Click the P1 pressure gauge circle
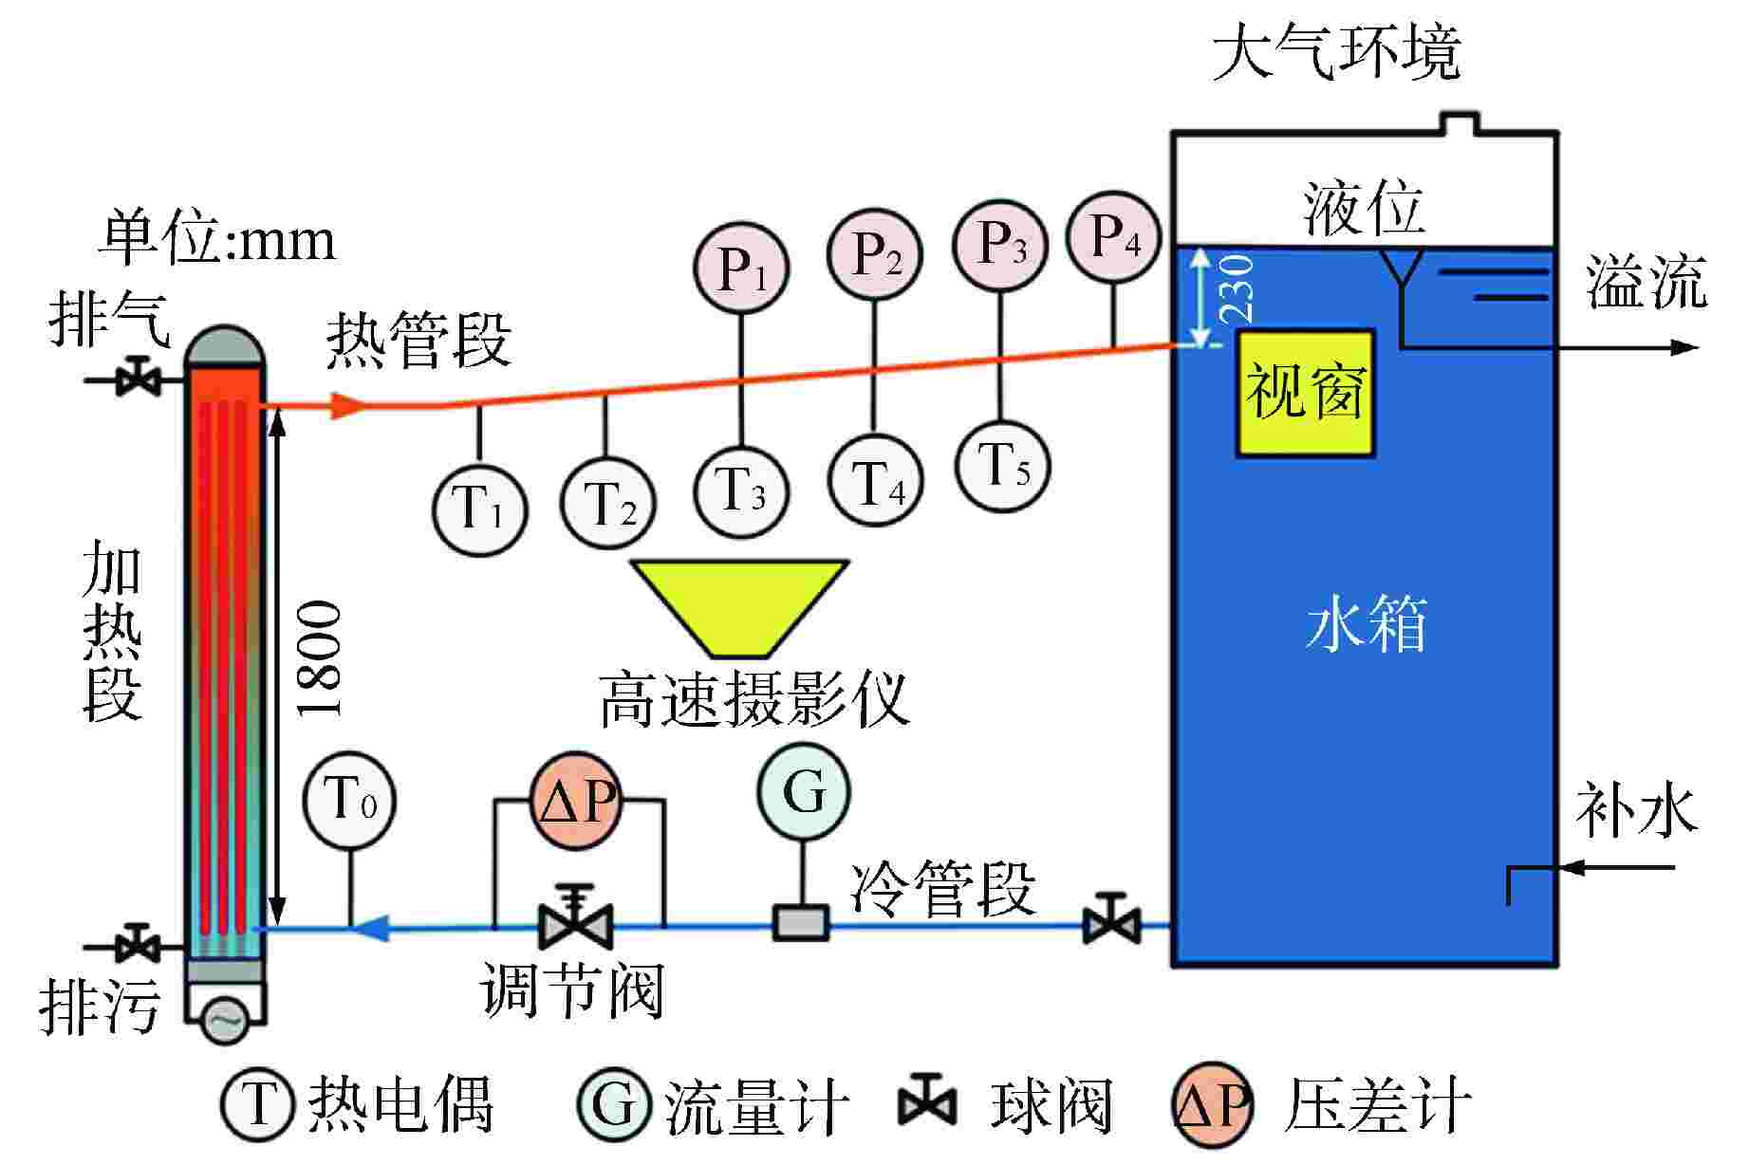742,269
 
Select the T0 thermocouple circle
349,801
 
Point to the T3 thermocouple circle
742,491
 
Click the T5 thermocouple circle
1002,467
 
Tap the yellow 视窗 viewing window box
1305,393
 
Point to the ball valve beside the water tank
1111,918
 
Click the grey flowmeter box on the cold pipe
800,922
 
